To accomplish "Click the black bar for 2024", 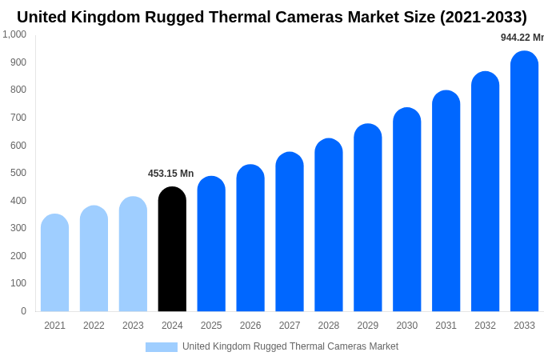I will click(172, 250).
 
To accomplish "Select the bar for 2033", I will click(524, 182).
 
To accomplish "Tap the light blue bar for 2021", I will click(54, 263).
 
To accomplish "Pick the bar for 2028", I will click(328, 226).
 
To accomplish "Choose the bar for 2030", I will click(406, 210).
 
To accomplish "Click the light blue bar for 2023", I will click(133, 254).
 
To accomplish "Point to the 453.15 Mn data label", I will click(170, 174).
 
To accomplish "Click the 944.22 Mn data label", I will click(522, 38).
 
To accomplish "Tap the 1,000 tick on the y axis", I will click(14, 34).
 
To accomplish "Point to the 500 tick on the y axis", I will click(18, 173).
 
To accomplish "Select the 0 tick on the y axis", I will click(23, 311).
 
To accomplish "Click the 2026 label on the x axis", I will click(250, 326).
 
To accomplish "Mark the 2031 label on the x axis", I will click(446, 326).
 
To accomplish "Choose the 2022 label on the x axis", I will click(94, 326).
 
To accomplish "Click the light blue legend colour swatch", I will click(161, 347).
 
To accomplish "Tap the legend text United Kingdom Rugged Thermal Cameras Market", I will click(290, 346).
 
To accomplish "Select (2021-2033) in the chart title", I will click(483, 17).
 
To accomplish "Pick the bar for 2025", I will click(211, 244).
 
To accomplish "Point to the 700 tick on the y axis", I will click(18, 118).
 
